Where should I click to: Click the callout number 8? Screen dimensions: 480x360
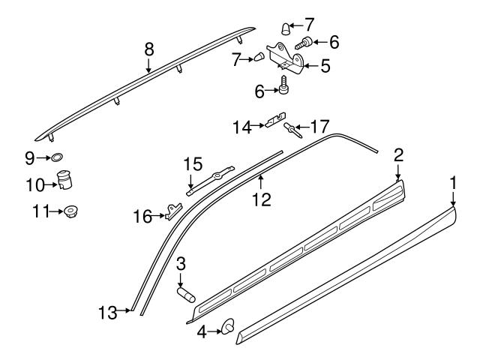149,49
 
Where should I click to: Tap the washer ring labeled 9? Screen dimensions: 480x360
56,157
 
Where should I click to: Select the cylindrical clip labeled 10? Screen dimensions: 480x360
64,180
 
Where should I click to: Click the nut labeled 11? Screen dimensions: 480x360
70,211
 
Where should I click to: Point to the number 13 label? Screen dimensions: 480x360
108,313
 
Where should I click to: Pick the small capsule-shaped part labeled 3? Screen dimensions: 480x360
186,294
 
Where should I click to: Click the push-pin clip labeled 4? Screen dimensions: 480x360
228,326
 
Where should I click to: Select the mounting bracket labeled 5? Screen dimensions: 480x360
285,58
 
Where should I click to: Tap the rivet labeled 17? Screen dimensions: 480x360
292,130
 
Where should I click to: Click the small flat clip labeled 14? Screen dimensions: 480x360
275,120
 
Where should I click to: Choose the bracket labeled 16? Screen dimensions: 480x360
173,211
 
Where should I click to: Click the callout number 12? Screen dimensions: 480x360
262,199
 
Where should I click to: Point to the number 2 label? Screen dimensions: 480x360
398,155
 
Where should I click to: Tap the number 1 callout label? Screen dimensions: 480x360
453,183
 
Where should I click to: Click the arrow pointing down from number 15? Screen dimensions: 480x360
190,181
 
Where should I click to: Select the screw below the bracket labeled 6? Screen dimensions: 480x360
283,85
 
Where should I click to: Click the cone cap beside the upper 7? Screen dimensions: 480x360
286,29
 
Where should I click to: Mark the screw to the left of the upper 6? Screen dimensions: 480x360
303,43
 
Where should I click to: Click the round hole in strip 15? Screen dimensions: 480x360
218,175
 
